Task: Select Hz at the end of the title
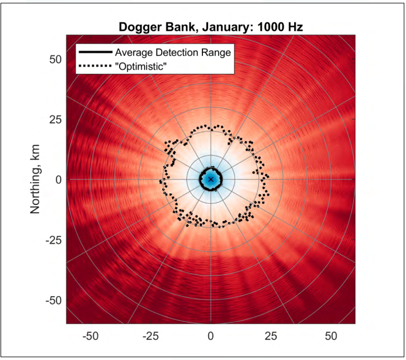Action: tap(295, 27)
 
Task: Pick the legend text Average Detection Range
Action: tap(173, 53)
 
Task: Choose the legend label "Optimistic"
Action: tap(141, 66)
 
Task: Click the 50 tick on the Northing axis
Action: tap(54, 59)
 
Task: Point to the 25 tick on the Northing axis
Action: tap(54, 119)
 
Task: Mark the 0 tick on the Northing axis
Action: tap(58, 180)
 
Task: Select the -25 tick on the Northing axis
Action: tap(52, 240)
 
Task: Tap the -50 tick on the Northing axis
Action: tap(52, 301)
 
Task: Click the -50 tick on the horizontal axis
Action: tap(89, 336)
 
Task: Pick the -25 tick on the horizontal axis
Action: tap(150, 336)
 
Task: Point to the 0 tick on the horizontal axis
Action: tap(210, 336)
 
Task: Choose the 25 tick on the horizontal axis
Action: tap(271, 336)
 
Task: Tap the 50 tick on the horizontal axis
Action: tap(331, 336)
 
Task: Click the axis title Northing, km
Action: tap(35, 180)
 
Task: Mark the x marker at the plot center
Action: tap(210, 179)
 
